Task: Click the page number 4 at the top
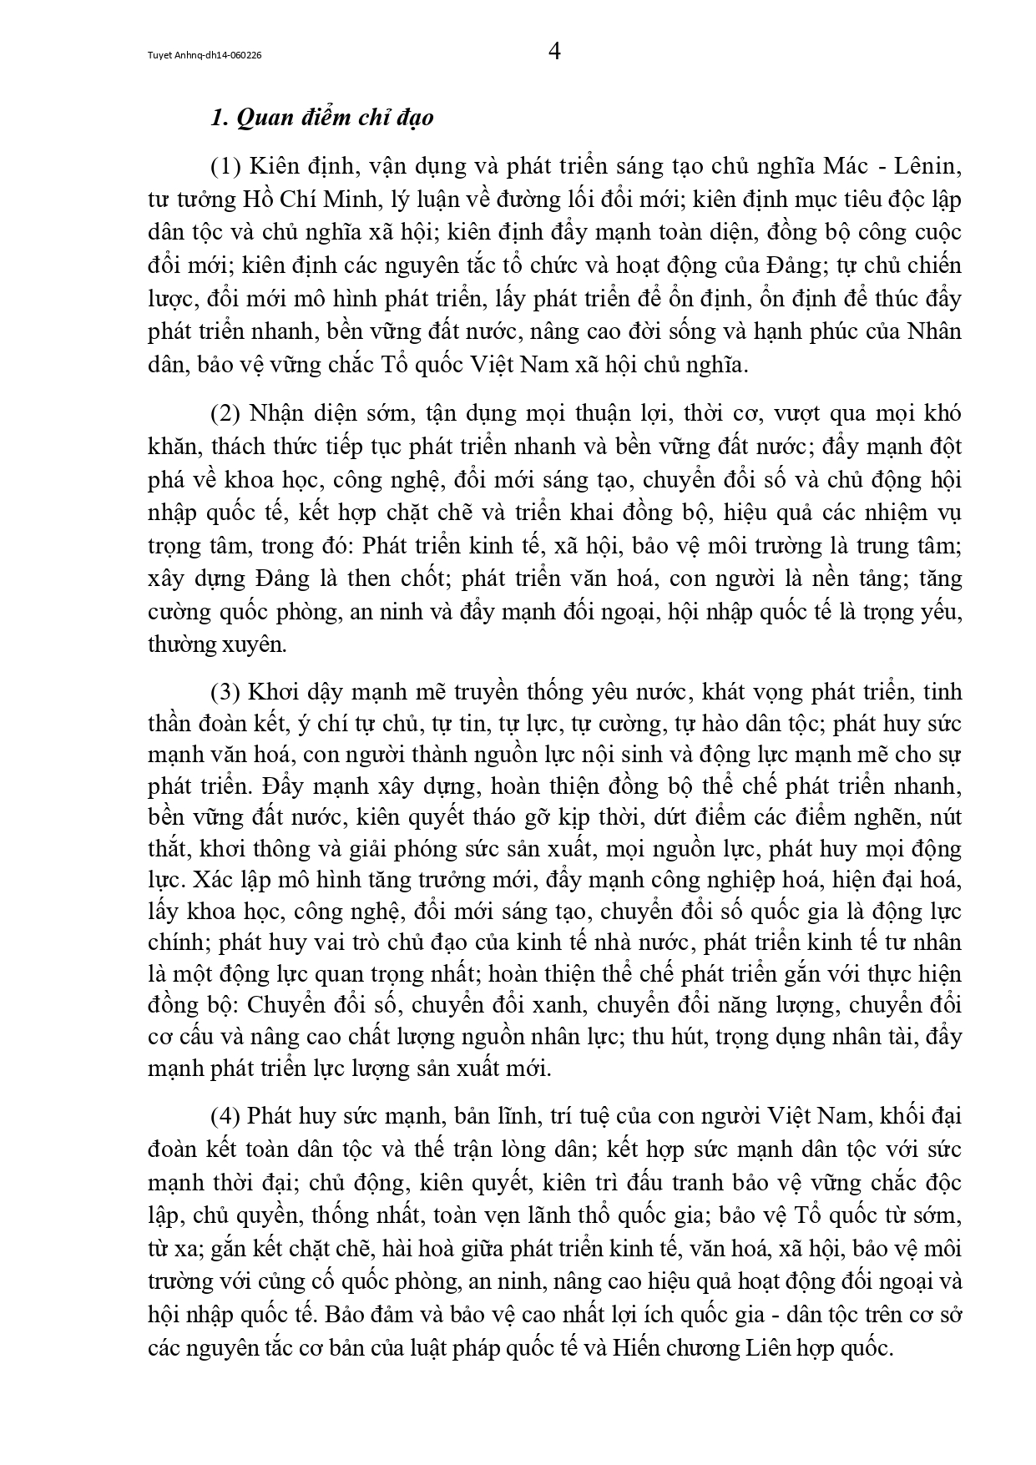click(x=554, y=53)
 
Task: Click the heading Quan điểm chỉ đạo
click(x=322, y=118)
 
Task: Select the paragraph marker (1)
click(x=225, y=167)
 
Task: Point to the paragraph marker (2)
click(x=225, y=414)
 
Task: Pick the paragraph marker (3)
click(x=225, y=692)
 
